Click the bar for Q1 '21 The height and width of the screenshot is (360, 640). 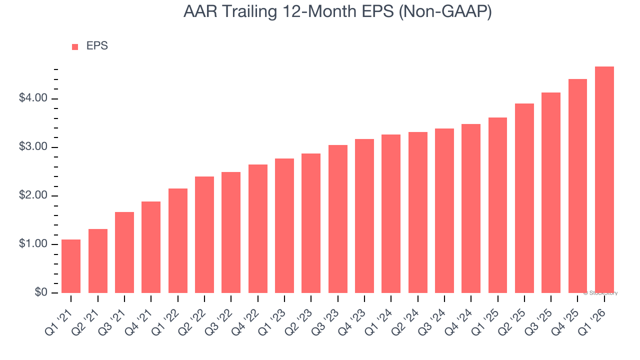point(71,266)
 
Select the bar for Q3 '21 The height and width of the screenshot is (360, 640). point(124,252)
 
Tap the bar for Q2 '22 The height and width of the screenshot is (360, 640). point(204,234)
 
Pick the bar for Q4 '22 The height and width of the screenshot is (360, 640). point(257,228)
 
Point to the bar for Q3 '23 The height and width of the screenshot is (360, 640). point(337,219)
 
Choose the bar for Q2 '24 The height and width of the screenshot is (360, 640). point(417,212)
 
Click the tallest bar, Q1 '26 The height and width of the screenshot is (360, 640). point(604,179)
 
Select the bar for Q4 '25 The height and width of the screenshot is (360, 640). point(577,186)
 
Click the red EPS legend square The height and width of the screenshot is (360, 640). point(75,47)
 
